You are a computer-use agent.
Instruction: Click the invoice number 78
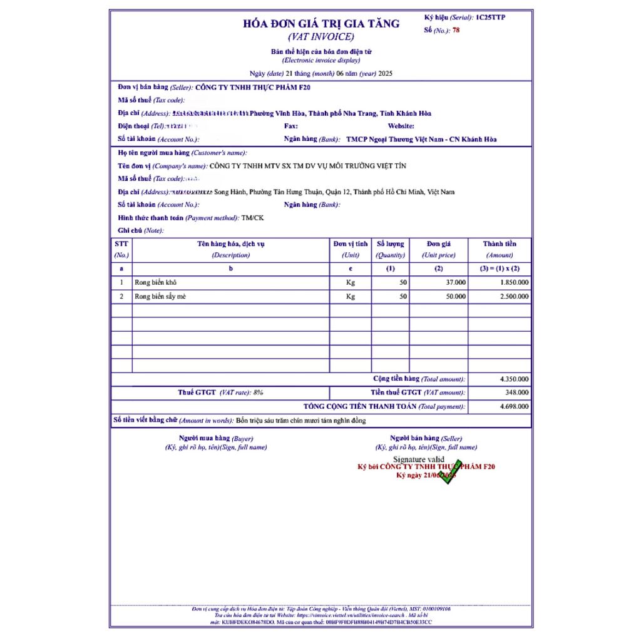click(456, 29)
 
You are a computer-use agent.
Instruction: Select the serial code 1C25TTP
click(490, 17)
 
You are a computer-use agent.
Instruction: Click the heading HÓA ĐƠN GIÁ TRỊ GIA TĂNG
click(321, 24)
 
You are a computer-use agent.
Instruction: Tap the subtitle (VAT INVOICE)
click(321, 36)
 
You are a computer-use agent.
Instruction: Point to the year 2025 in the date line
click(386, 73)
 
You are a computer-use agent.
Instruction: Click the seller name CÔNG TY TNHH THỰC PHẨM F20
click(253, 87)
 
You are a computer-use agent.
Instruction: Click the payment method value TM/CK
click(254, 217)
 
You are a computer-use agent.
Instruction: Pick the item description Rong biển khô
click(151, 282)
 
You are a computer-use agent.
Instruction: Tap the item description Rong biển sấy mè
click(160, 296)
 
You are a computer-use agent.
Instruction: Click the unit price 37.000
click(456, 282)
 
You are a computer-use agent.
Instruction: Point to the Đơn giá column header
click(438, 244)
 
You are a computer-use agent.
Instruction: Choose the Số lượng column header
click(390, 244)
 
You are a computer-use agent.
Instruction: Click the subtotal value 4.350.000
click(514, 379)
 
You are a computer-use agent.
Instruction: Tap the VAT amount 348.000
click(517, 392)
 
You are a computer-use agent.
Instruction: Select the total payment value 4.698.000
click(514, 406)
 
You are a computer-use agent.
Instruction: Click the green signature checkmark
click(449, 472)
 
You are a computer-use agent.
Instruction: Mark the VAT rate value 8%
click(258, 392)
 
